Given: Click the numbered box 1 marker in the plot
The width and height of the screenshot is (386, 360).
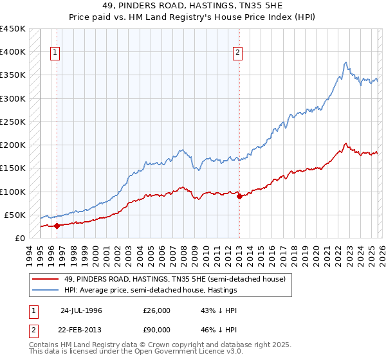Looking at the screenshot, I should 56,53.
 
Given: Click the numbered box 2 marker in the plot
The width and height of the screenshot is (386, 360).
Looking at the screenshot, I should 238,53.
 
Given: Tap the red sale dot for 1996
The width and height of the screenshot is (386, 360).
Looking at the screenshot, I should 57,226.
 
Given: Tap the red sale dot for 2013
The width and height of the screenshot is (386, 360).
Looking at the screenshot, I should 239,196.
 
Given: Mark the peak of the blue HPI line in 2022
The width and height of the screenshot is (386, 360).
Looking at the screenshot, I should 345,62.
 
